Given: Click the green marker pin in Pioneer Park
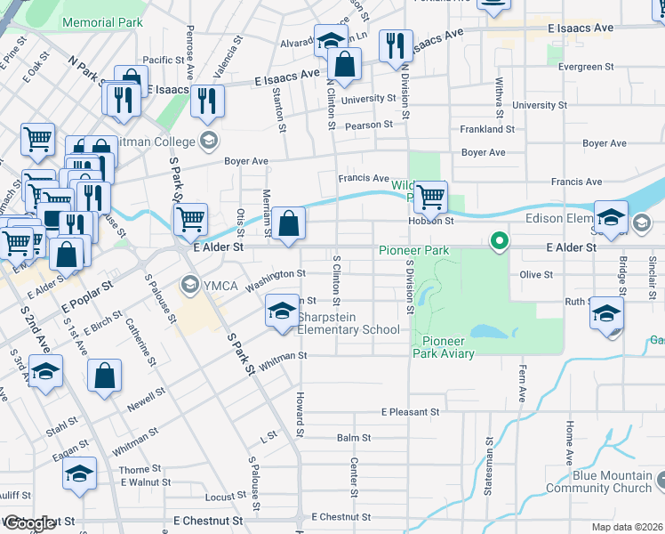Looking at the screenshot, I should pyautogui.click(x=500, y=240).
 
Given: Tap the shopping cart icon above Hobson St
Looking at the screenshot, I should pyautogui.click(x=430, y=196).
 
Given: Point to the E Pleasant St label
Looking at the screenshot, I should pyautogui.click(x=410, y=413).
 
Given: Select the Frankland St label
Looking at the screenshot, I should pyautogui.click(x=487, y=129).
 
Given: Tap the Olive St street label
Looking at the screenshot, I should pyautogui.click(x=535, y=275).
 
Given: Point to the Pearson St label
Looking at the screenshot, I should pyautogui.click(x=370, y=125).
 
